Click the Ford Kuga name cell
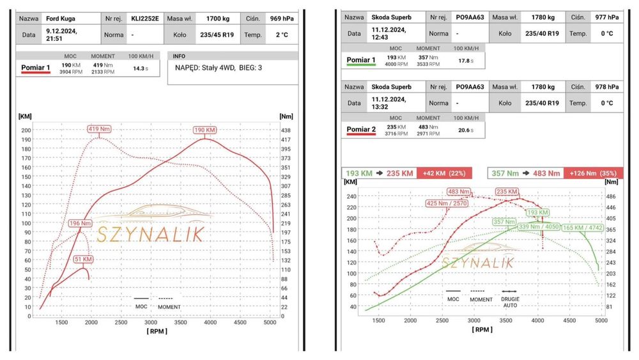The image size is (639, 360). coord(61,19)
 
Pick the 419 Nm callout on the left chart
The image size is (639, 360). coord(99,129)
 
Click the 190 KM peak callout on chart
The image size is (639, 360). coord(205,130)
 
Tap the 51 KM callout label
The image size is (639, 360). coord(84,259)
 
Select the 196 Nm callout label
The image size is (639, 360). coord(81,223)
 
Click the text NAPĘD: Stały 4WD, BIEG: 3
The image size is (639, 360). coord(219,67)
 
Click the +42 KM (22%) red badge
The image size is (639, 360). coord(443,173)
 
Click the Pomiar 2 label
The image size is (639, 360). coord(362,130)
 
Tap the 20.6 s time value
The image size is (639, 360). coord(468,130)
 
